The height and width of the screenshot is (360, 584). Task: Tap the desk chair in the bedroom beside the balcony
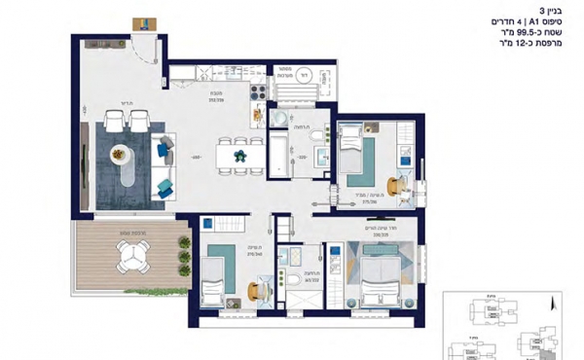[x=256, y=292]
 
